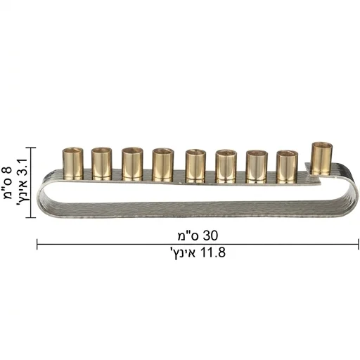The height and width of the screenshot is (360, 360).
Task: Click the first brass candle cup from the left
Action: (73, 164)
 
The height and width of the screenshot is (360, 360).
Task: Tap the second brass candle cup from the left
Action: (101, 164)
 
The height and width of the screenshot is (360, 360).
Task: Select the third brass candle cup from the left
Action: (132, 164)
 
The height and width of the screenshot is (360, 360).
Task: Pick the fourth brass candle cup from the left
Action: (163, 165)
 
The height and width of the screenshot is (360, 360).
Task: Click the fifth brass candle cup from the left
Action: (195, 166)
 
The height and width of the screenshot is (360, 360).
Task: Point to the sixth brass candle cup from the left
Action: (226, 167)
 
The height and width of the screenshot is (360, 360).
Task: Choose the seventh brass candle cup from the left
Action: (257, 167)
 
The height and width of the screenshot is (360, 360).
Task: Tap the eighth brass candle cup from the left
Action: (288, 167)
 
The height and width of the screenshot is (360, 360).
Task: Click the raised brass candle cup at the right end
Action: (322, 158)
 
